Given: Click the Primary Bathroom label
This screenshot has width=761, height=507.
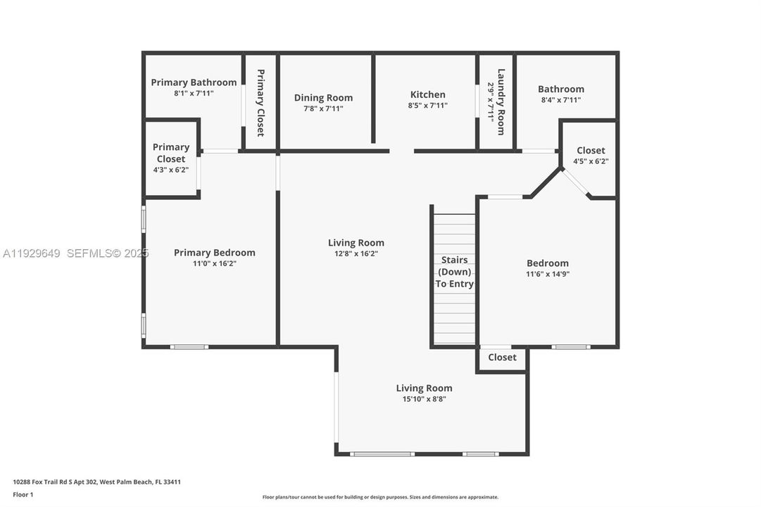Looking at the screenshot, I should (x=194, y=82).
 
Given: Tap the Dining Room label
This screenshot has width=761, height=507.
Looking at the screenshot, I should (x=323, y=98).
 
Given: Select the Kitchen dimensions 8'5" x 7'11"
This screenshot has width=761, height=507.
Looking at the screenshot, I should (x=427, y=106).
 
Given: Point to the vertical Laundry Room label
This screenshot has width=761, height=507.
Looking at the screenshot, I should (x=501, y=101).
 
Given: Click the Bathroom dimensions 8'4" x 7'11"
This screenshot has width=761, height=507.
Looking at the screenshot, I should (x=560, y=100).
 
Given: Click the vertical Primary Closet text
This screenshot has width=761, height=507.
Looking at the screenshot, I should (x=260, y=102).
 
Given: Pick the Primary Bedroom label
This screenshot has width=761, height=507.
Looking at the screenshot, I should (x=214, y=253).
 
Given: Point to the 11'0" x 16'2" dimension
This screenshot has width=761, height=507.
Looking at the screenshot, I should (x=214, y=263).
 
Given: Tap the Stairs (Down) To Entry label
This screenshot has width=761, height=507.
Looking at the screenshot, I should (x=454, y=272).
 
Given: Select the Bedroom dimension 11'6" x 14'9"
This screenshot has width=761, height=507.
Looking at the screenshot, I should (x=547, y=274).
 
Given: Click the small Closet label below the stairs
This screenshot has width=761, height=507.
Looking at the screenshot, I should (x=502, y=357).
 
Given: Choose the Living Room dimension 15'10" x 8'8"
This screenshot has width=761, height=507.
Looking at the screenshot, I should (x=424, y=399).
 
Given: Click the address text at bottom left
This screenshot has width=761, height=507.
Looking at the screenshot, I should (x=97, y=482).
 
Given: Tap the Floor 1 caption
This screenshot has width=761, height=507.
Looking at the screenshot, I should (x=23, y=494).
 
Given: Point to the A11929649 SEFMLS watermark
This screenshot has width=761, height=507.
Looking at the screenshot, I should (x=76, y=253).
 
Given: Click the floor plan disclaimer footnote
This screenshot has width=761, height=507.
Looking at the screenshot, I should (x=380, y=497).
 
